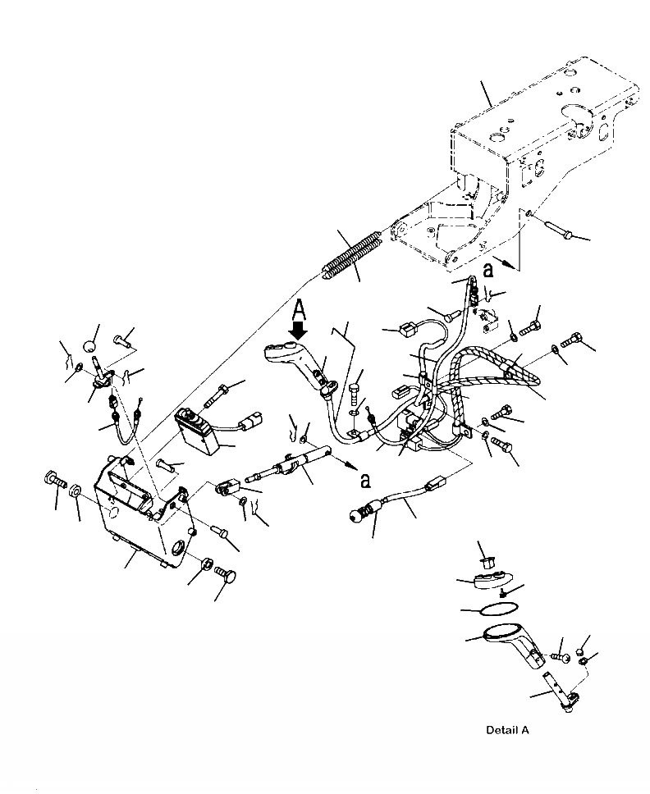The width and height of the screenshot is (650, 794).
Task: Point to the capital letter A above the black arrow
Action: tap(300, 310)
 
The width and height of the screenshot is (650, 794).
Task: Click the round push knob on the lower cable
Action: tap(357, 517)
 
